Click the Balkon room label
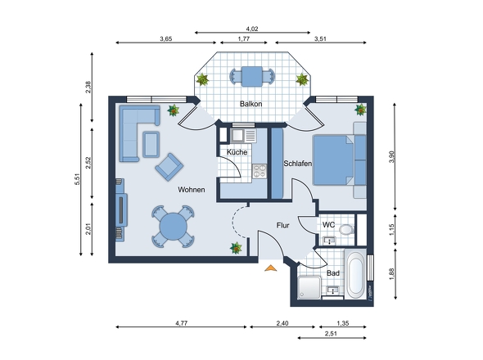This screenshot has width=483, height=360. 251,104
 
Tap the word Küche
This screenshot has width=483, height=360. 237,152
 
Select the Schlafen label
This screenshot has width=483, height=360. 297,164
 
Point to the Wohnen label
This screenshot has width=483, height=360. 192,190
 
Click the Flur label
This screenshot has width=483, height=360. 282,226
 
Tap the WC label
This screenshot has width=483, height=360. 328,225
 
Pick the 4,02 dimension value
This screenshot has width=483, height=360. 252,29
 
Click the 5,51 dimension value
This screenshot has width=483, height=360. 77,179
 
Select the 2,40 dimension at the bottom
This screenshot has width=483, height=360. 282,323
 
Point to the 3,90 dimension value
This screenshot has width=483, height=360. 391,157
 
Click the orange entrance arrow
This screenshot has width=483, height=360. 270,268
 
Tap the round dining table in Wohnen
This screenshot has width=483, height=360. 173,227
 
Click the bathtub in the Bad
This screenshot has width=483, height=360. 355,274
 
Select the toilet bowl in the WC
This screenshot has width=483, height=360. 346,229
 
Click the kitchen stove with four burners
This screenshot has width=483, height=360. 260,171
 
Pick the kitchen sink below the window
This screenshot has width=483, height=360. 243,136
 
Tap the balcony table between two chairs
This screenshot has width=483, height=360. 252,76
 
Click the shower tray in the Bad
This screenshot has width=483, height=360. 309,287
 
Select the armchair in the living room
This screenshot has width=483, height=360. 169,167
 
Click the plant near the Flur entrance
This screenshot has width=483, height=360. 236,248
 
